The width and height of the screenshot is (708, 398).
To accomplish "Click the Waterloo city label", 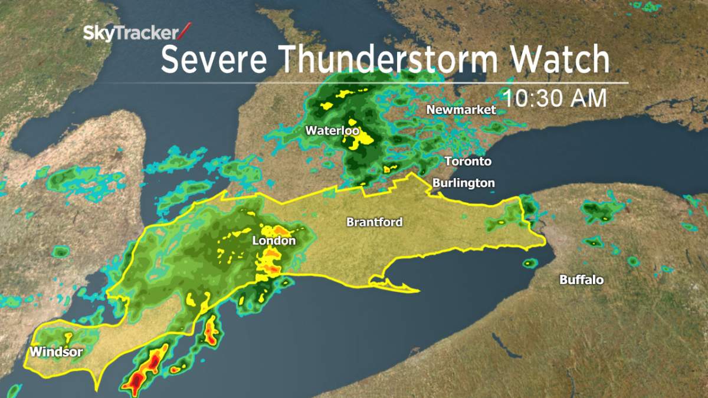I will pos(332,130).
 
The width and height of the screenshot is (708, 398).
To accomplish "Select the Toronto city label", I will pos(468,161).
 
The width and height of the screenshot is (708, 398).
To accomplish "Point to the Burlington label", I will pos(463,183).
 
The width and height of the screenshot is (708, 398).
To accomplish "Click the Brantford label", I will pos(374,222).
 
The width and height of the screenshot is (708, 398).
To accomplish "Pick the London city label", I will pos(274,241).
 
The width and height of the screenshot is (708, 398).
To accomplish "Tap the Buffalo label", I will pos(581,279).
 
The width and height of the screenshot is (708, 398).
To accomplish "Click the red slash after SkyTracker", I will pos(185,31).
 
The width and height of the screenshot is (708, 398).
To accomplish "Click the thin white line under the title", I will pos(389,83).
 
